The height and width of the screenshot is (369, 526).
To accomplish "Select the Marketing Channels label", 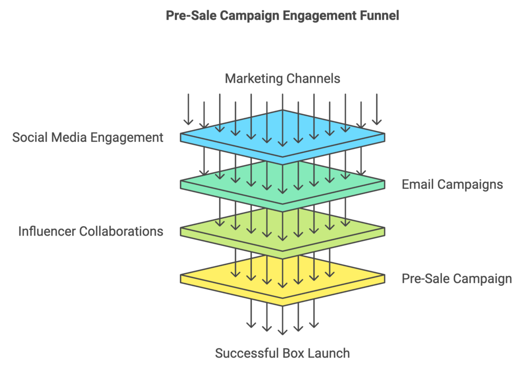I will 282,79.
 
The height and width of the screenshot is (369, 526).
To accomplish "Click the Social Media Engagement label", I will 88,138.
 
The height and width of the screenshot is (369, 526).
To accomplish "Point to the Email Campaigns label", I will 452,184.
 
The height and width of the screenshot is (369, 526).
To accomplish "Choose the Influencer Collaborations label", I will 91,231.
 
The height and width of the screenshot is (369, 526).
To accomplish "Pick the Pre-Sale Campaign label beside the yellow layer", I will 456,278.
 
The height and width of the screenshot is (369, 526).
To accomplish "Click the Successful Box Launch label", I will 282,353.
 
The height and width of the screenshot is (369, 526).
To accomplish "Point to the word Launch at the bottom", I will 328,353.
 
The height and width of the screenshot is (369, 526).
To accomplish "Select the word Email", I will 417,184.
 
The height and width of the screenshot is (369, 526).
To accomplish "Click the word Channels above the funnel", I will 313,79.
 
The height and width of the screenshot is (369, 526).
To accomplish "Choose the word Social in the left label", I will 29,138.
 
